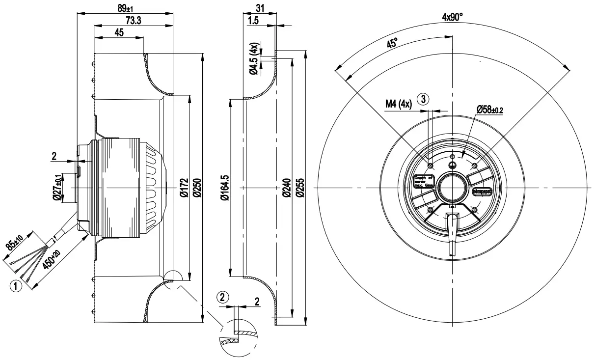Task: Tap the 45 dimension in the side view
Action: (119, 32)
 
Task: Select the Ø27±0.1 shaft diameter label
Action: (57, 188)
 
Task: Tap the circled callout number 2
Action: (223, 297)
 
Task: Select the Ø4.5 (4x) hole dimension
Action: (254, 59)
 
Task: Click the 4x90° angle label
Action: (453, 17)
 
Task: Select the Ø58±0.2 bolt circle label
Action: (489, 109)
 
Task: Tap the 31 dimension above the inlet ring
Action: (260, 8)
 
